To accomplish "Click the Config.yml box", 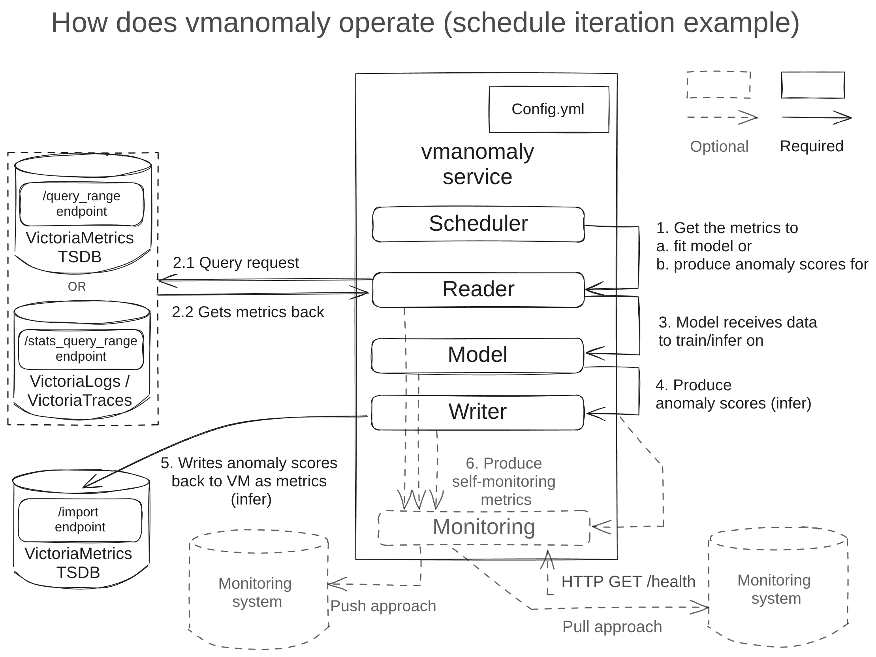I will coord(548,109).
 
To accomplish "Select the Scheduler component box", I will coord(478,224).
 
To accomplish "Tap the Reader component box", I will coord(478,290).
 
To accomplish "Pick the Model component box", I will coord(477,355).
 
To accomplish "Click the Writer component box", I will coord(477,412).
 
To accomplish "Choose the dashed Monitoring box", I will coord(483,527).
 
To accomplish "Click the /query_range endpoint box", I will coord(81,204).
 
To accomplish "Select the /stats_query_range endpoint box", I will coord(81,349).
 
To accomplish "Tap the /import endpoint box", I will coord(80,520).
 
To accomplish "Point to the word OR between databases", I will coord(77,286).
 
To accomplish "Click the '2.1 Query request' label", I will coord(236,263).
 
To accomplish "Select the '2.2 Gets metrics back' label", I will coord(248,312).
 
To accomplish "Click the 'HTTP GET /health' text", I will coord(628,582).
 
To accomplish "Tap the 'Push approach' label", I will coord(383,606).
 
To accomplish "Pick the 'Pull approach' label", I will coord(612,627).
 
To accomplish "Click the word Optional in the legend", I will coord(719,147).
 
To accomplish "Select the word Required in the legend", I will coord(812,146).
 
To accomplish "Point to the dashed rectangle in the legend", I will coord(718,85).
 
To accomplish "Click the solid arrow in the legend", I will coord(816,117).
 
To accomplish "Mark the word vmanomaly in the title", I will coord(258,23).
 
